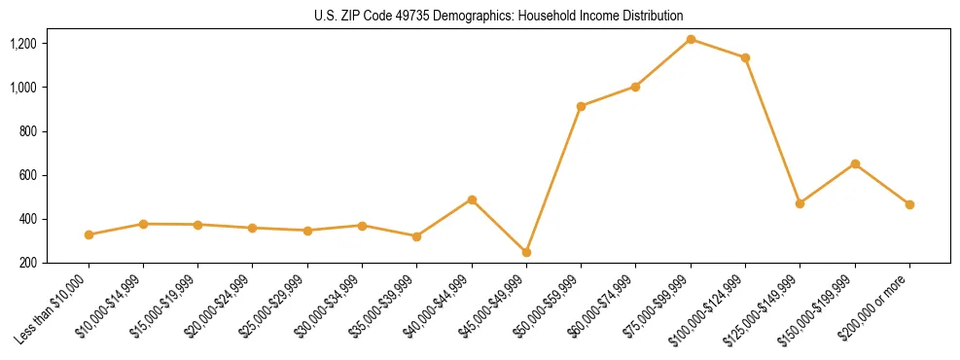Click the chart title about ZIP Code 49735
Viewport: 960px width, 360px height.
[499, 16]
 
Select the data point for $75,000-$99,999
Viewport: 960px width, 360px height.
[691, 39]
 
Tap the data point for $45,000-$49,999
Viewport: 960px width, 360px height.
[526, 252]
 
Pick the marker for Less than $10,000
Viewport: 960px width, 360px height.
[89, 234]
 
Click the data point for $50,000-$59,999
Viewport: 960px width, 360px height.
[581, 106]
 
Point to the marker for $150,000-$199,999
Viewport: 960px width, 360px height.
[855, 163]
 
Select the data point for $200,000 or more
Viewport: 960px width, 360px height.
[909, 204]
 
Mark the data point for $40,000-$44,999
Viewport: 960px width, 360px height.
[472, 199]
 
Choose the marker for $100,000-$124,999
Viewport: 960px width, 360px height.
[745, 57]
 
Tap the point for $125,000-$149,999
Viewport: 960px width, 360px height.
[800, 203]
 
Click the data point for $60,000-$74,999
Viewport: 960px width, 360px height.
[635, 87]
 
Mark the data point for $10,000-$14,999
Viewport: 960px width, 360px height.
[143, 224]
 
